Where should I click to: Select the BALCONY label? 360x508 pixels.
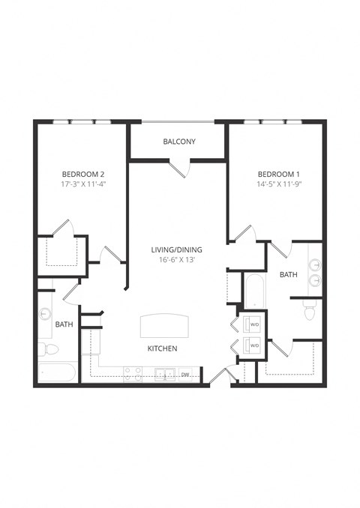179,142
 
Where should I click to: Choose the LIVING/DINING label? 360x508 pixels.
177,250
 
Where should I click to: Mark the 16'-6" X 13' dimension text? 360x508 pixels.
177,261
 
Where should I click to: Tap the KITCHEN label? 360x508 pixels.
162,348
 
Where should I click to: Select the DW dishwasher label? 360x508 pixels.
185,374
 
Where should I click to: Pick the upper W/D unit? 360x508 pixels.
252,324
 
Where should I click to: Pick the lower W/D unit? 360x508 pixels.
252,345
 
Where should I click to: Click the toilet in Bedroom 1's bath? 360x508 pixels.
309,311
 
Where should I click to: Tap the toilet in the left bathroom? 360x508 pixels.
49,349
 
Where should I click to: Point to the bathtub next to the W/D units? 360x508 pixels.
252,289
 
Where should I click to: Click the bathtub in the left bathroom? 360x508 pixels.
57,372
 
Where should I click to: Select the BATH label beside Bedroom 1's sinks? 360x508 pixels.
288,275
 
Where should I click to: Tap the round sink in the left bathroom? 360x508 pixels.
46,314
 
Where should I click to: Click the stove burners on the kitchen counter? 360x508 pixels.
133,372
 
